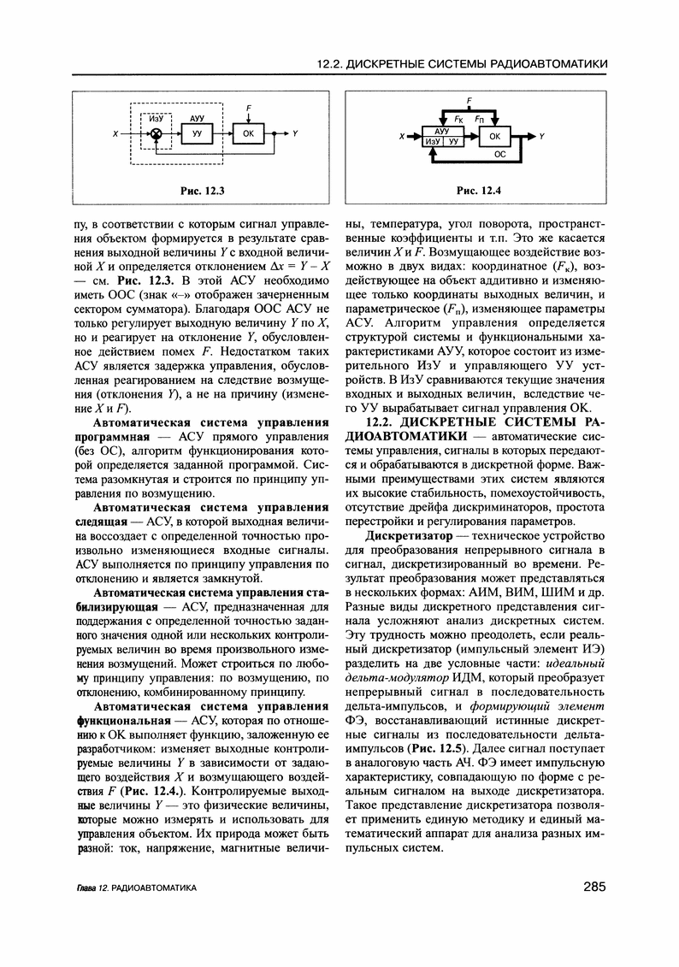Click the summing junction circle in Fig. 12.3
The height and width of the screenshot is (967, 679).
tap(156, 134)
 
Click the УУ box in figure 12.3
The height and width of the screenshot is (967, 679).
tap(197, 135)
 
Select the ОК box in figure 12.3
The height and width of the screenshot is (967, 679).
tap(248, 134)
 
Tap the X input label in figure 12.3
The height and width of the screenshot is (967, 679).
tap(115, 134)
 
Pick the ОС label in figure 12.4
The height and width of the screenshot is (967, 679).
tap(501, 155)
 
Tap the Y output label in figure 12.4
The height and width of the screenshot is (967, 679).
tap(542, 136)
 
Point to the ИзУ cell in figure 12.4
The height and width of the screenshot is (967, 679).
tap(433, 141)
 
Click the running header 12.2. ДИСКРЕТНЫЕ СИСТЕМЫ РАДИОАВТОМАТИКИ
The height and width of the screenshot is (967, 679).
tap(462, 63)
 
